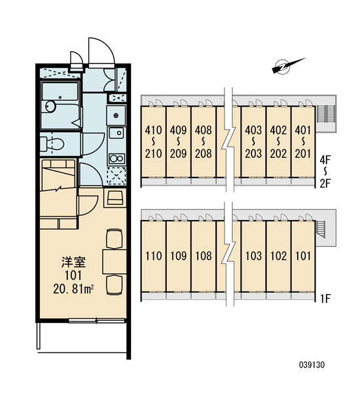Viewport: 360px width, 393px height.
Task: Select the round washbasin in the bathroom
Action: pos(50,106)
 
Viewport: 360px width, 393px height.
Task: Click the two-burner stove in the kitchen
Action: pos(117,159)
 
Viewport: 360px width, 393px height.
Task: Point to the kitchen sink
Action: pos(117,132)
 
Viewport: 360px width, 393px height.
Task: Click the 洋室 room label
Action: pos(74,262)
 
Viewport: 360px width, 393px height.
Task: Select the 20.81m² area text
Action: pos(73,290)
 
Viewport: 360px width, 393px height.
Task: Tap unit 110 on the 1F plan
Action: pos(154,256)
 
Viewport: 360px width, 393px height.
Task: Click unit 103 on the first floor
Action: pos(253,256)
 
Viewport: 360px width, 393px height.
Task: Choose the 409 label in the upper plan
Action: pos(179,130)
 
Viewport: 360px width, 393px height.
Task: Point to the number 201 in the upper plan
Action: pos(303,154)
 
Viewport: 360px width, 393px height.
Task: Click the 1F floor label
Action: pos(326,299)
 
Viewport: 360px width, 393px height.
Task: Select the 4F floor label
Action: pos(325,160)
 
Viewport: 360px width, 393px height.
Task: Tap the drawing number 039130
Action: pos(312,365)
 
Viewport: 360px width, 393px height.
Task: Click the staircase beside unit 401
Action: pos(326,114)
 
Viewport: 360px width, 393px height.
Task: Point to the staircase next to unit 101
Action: pos(321,229)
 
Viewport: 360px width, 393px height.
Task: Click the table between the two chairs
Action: pos(115,261)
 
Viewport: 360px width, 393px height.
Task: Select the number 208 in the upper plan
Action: pos(204,154)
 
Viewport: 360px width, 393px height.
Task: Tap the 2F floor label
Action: pos(325,183)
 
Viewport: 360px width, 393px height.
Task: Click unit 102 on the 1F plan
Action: pos(279,256)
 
